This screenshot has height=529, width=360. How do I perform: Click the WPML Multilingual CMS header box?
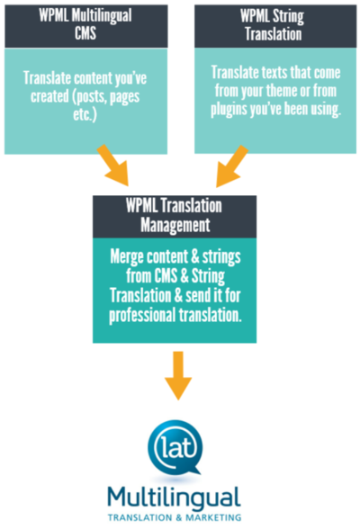[86, 26]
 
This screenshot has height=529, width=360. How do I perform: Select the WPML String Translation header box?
[275, 26]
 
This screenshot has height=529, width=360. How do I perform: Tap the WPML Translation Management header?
[175, 217]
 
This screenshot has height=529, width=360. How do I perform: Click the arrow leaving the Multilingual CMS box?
[113, 166]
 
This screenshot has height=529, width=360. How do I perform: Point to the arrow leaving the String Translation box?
[232, 166]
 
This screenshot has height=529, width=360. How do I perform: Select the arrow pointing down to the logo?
[178, 375]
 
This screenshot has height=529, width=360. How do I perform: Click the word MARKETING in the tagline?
[213, 517]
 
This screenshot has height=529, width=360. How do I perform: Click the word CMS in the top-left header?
[85, 33]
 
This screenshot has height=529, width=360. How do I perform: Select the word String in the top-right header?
[288, 16]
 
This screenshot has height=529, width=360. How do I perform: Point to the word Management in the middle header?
[175, 225]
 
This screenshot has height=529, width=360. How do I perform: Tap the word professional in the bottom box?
[141, 316]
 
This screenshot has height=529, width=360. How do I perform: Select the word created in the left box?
[49, 96]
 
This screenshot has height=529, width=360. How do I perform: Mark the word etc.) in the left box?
[85, 114]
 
